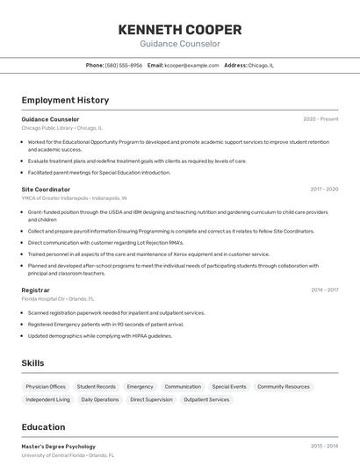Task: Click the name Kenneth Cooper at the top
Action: point(180,29)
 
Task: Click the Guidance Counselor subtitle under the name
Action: point(180,44)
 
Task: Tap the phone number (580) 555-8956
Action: point(124,65)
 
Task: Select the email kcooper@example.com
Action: point(191,65)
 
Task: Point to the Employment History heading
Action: point(65,100)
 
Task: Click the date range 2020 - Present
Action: point(320,119)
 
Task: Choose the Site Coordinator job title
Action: point(46,189)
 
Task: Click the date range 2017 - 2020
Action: point(324,189)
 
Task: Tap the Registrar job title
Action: point(36,290)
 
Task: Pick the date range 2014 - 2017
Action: point(324,290)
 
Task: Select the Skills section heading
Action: point(32,363)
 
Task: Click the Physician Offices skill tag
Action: point(46,386)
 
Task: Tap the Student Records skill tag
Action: point(96,386)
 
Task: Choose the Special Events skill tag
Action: point(229,386)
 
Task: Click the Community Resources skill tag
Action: point(284,386)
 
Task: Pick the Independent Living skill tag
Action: point(47,399)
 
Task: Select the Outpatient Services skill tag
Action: point(206,399)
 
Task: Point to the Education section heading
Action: point(43,427)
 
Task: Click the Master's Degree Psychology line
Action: point(59,447)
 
